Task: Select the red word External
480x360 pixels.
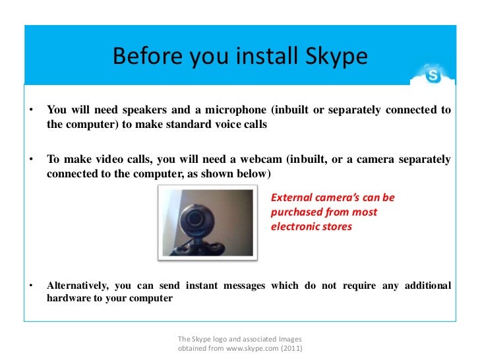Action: (x=291, y=198)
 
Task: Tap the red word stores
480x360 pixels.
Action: (x=337, y=227)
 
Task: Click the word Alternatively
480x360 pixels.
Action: (x=78, y=285)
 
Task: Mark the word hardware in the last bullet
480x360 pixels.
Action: (x=69, y=298)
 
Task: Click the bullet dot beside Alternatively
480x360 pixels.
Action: (x=30, y=285)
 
